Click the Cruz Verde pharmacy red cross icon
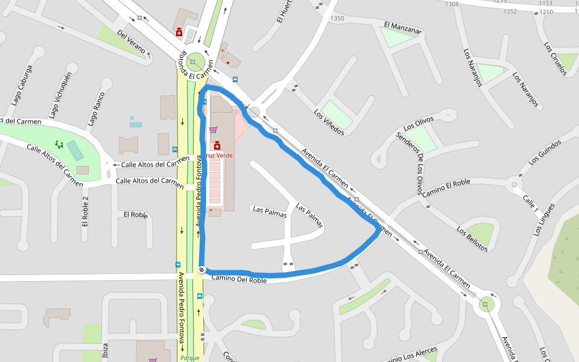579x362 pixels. pos(217,145)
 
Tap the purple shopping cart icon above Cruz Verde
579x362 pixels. pos(213,130)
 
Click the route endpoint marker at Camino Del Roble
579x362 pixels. pos(201,270)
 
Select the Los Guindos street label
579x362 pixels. pos(545,153)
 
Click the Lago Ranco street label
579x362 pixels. pos(96,108)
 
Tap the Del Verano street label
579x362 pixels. pos(131,42)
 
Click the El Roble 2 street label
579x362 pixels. pos(85,211)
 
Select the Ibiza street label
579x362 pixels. pos(104,349)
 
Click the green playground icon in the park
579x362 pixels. pos(59,144)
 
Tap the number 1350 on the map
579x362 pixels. pos(337,19)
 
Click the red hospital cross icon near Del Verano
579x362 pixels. pos(179,32)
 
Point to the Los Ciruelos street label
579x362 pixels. pos(555,59)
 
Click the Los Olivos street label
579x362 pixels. pos(419,123)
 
